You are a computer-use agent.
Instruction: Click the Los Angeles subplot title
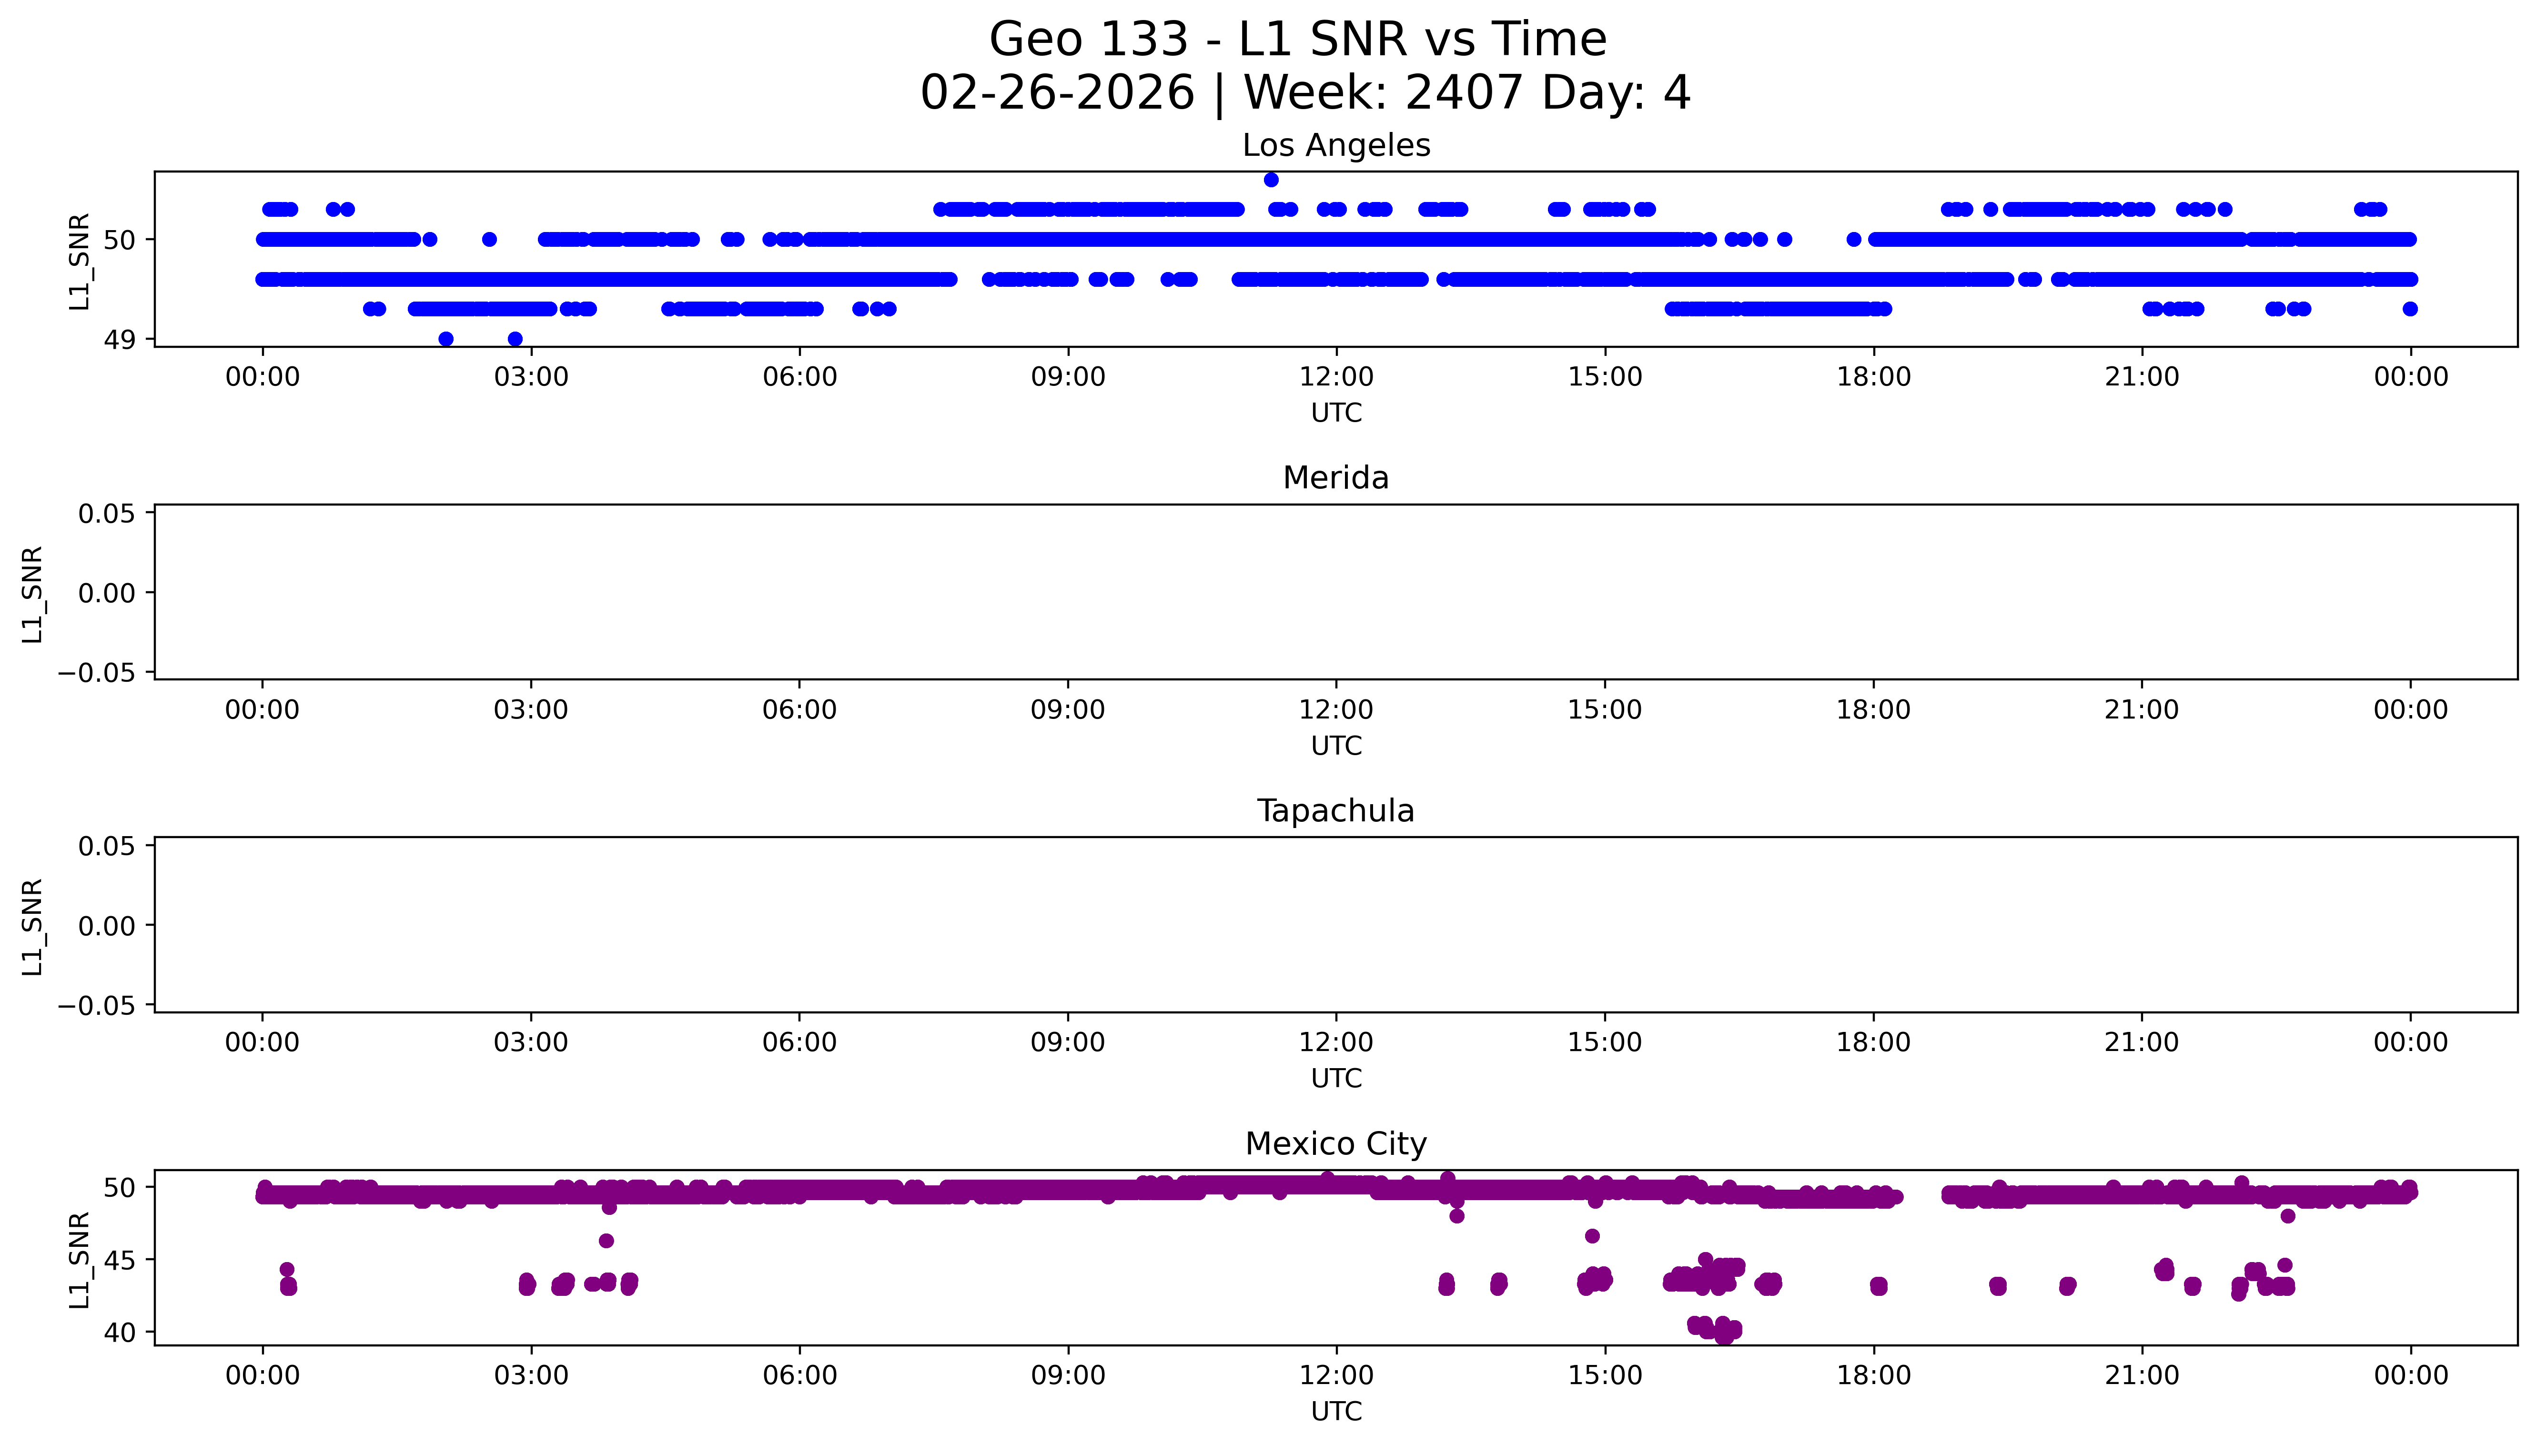pos(1335,146)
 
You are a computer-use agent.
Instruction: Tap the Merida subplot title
pos(1335,478)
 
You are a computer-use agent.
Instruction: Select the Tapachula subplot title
pos(1335,811)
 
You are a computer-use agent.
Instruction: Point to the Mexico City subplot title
pos(1335,1144)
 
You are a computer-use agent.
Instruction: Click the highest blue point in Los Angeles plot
pos(1271,180)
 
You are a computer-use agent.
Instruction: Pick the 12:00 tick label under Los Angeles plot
pos(1336,377)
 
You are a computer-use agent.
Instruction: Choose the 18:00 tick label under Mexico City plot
pos(1873,1375)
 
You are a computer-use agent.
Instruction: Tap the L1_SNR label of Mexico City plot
pos(80,1259)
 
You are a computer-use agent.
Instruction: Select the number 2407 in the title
pos(1464,93)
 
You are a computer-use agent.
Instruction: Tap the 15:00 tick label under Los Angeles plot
pos(1604,377)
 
